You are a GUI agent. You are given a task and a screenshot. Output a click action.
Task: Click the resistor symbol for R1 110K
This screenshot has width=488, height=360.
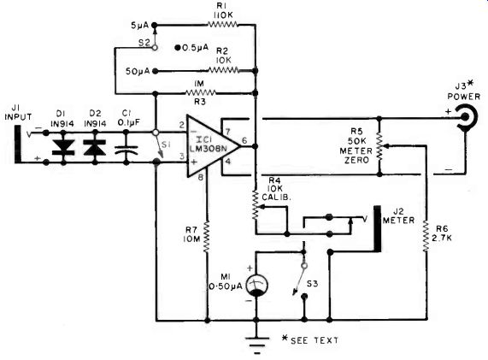click(x=222, y=24)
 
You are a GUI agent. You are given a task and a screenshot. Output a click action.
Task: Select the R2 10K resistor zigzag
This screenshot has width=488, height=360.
click(x=223, y=70)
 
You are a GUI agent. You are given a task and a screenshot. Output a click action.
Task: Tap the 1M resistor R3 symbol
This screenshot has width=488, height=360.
click(x=201, y=92)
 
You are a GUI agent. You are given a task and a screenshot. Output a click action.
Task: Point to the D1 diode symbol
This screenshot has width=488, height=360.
click(x=63, y=147)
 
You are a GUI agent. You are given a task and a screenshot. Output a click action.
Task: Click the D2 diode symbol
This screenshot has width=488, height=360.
click(x=95, y=147)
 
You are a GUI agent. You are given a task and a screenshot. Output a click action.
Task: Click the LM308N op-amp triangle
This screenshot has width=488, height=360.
click(x=213, y=145)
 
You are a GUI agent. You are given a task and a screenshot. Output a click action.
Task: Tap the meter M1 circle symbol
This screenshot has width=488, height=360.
click(x=256, y=286)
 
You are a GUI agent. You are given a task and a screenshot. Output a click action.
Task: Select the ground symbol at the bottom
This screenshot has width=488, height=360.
click(x=256, y=343)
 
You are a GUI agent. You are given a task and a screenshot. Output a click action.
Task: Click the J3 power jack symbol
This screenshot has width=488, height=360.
click(x=465, y=117)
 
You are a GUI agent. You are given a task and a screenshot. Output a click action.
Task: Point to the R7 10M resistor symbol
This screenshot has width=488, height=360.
click(x=206, y=237)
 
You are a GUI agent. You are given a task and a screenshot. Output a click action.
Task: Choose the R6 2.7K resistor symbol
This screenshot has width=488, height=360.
click(x=426, y=236)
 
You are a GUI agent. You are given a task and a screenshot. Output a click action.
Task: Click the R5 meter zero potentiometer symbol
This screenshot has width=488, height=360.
click(x=379, y=146)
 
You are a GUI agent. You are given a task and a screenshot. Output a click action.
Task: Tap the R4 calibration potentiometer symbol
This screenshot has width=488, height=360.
click(x=256, y=204)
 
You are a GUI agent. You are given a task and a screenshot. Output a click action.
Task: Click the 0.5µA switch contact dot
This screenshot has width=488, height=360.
click(x=178, y=48)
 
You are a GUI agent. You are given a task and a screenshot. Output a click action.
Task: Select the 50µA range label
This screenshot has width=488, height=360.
click(x=138, y=71)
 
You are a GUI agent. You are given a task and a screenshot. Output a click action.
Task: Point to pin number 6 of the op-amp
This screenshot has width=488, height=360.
click(x=245, y=141)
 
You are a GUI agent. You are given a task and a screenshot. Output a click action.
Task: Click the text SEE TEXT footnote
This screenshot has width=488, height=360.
click(x=315, y=340)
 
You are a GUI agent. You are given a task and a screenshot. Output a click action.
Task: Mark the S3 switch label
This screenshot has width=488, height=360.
click(x=312, y=284)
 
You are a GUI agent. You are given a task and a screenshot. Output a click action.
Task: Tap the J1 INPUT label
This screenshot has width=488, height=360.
click(x=18, y=112)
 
